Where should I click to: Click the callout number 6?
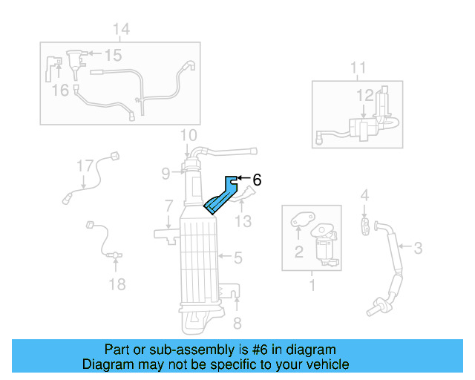click(257, 179)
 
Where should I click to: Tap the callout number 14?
click(121, 30)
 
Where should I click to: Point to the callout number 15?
click(113, 56)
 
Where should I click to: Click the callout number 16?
click(60, 90)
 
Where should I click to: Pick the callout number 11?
click(358, 69)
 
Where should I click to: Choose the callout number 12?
click(364, 95)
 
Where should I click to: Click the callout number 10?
click(189, 135)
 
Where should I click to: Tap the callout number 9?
click(166, 174)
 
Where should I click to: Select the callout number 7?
click(169, 206)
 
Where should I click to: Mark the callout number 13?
click(243, 221)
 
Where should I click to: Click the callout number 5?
click(237, 258)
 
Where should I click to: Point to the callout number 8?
click(237, 323)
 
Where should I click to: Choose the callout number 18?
click(117, 284)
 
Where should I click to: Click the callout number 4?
click(364, 195)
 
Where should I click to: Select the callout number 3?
click(418, 248)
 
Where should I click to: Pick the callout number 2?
click(298, 252)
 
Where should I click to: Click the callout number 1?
click(312, 284)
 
